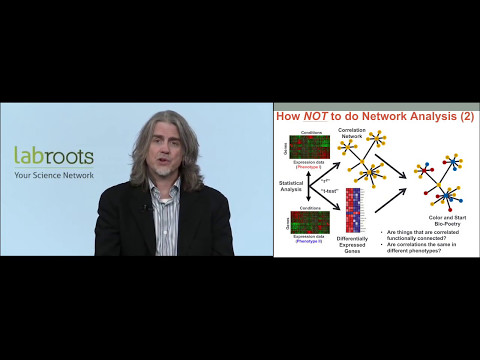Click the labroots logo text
(54, 156)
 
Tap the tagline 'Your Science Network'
(54, 175)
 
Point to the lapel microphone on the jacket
(150, 208)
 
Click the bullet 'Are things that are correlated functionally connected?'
(425, 234)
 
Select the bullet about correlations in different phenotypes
(425, 247)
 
